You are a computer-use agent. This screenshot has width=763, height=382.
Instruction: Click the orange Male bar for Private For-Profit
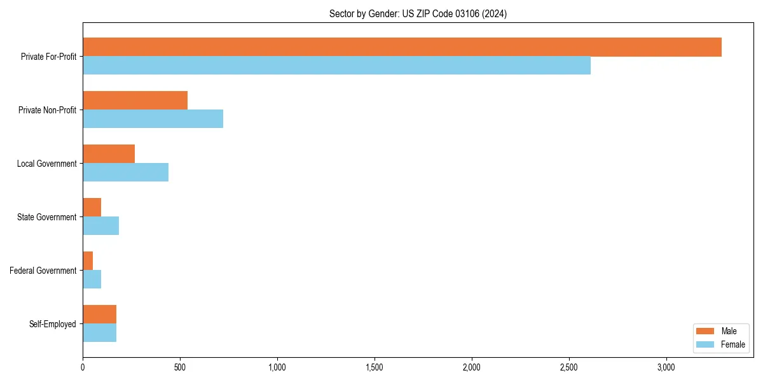point(402,47)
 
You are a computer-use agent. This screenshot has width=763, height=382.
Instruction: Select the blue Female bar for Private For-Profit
point(336,66)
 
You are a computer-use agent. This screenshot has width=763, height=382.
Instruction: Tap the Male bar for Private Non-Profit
point(135,101)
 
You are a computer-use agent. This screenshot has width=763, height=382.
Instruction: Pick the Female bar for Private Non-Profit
point(153,119)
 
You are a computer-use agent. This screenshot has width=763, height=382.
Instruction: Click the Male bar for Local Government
point(109,154)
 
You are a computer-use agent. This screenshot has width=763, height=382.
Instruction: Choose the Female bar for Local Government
point(125,173)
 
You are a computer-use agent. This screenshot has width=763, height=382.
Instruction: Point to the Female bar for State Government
point(100,226)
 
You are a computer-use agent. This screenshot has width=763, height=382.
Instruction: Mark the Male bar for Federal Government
point(88,261)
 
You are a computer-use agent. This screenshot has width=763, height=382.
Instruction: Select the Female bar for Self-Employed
point(99,333)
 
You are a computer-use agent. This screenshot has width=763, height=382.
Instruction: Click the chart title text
point(418,13)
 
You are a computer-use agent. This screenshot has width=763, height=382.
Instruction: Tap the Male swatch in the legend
point(706,331)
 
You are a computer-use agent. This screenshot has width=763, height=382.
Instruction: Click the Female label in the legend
point(732,344)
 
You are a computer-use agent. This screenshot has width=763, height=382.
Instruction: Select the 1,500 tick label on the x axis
point(375,367)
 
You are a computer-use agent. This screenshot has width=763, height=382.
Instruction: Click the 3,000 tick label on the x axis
point(666,367)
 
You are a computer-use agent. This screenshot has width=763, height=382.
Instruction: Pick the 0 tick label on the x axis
point(83,367)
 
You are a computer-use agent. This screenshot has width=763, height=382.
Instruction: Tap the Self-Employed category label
point(53,324)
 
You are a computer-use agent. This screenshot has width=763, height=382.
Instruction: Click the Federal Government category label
point(43,271)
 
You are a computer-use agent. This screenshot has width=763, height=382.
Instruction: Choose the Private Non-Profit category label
point(47,110)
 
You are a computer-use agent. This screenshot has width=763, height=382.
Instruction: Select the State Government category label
point(47,217)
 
